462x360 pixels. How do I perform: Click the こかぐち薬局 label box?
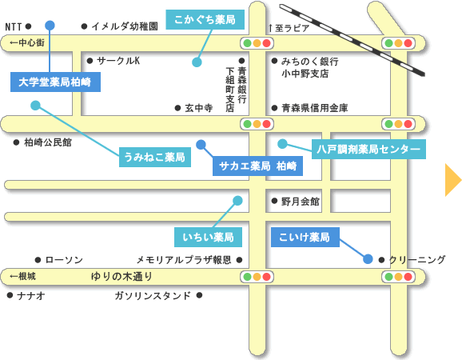205,19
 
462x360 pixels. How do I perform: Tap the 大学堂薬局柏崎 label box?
55,82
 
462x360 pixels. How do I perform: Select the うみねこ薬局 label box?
155,157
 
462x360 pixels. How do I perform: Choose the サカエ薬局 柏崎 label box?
257,166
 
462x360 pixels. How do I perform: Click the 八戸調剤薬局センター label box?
368,149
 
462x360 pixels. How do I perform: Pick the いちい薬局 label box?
208,237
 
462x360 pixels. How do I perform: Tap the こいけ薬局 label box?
305,237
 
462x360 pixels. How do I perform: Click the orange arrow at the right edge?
452,180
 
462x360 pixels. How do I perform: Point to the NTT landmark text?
14,27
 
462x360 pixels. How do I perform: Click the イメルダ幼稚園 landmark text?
125,26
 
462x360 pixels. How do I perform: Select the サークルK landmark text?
118,61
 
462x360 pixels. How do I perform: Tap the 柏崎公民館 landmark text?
48,142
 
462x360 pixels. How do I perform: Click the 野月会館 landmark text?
301,202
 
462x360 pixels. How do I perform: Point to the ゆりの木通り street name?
121,277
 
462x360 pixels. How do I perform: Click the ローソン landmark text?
64,260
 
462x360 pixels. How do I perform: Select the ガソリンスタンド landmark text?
153,295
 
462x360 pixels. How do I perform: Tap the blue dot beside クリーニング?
368,259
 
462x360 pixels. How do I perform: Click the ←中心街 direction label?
27,42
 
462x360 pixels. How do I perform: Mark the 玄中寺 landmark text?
198,108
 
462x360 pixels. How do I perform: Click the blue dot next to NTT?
50,26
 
